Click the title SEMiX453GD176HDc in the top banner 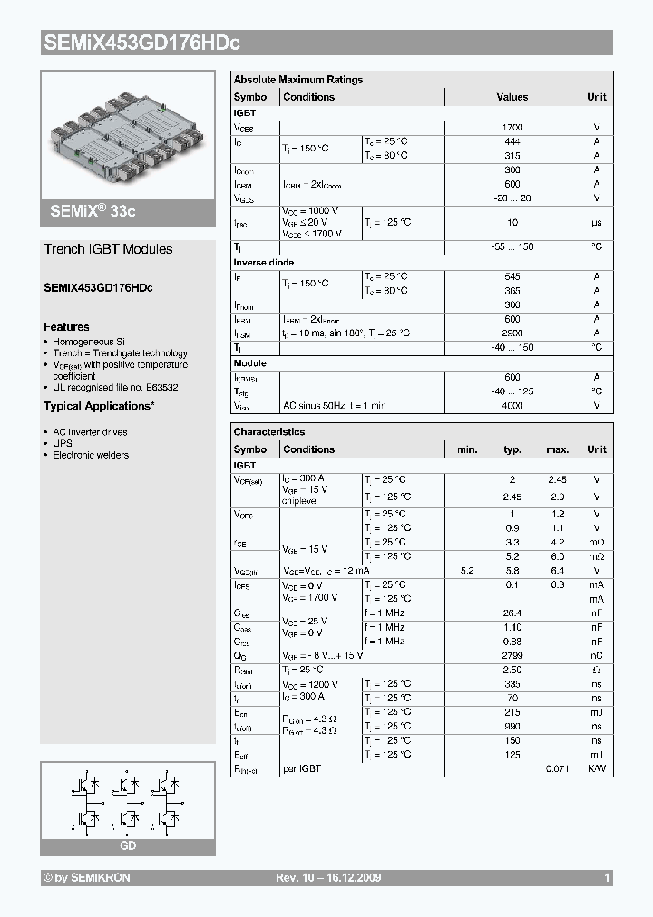coord(141,42)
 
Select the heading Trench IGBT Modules coord(108,249)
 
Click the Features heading coord(66,326)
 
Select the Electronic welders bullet coord(91,455)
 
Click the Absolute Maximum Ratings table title coord(297,80)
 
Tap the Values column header coord(512,97)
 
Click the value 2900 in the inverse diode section coord(512,333)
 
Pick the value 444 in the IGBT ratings coord(512,141)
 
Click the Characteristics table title coord(268,432)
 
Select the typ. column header coord(512,449)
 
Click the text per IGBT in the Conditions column coord(302,768)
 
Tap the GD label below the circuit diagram coord(128,845)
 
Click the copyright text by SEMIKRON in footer coord(87,878)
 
